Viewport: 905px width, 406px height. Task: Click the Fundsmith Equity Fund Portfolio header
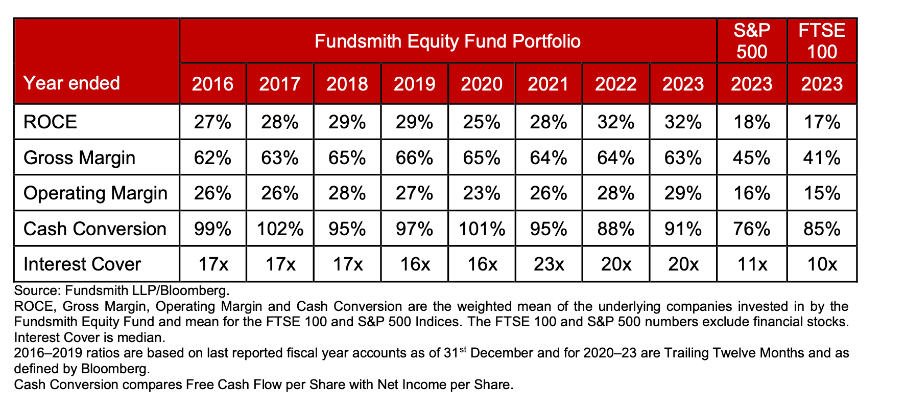447,41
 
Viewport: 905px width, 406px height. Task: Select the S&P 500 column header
752,41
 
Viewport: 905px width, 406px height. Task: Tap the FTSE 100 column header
822,41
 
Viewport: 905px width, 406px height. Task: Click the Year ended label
72,83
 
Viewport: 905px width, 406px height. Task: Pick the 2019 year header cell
414,84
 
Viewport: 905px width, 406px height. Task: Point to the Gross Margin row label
79,157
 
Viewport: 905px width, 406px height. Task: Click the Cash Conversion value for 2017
280,229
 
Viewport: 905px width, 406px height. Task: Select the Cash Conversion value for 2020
482,229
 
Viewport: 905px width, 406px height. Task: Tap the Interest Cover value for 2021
548,264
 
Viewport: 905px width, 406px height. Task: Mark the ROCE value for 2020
482,122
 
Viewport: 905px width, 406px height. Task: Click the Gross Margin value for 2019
414,157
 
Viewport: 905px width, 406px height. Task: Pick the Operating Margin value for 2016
212,193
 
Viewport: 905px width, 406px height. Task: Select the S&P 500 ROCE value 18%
752,122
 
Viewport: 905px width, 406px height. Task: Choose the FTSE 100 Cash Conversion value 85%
822,229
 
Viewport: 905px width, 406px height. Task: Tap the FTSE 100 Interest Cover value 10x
822,264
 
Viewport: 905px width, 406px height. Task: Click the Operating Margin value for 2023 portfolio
683,193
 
